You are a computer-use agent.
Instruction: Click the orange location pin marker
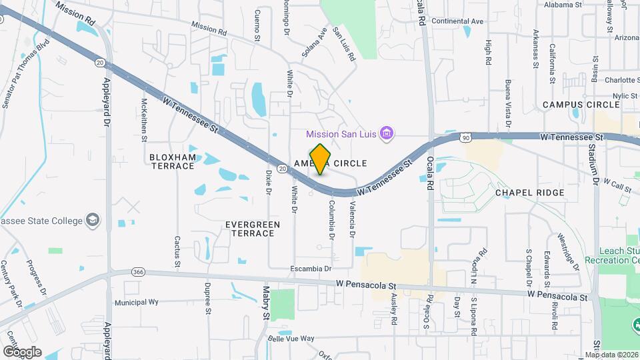321,159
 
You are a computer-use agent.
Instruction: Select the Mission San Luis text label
341,134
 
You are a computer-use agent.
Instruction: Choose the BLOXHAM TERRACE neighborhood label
173,161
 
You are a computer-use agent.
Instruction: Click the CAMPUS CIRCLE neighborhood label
581,105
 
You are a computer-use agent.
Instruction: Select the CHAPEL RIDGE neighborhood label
530,193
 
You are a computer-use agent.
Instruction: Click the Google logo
22,351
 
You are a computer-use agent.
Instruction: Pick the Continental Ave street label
457,21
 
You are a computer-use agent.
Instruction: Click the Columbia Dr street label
331,220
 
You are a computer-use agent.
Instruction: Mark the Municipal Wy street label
136,302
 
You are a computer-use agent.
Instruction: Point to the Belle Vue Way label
291,339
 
